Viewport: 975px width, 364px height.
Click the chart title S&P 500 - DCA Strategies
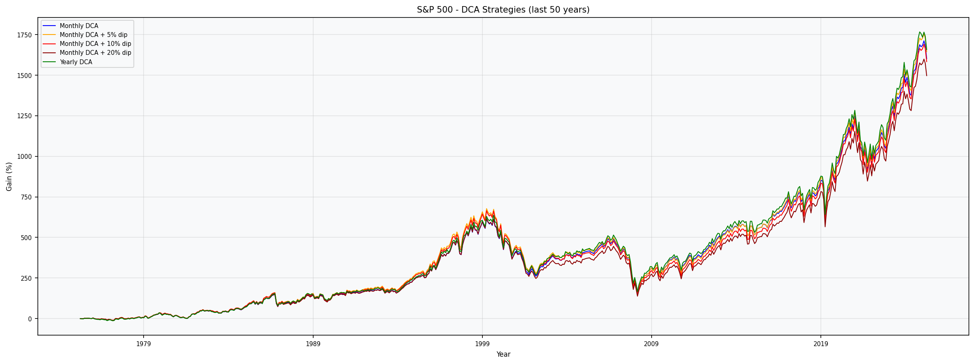(503, 10)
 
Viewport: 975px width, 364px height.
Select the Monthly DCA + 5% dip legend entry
(93, 35)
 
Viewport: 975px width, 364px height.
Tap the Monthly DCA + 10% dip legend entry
(95, 44)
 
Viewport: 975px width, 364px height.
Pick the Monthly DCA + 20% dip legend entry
(95, 53)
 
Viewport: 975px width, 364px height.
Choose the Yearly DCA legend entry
(76, 62)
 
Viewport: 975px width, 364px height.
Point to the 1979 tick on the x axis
(143, 344)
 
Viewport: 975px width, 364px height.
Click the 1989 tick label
(313, 344)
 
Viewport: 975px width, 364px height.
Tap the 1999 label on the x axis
(482, 344)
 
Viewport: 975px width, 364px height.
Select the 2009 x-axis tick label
(651, 344)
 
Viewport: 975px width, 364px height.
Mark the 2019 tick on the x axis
(820, 344)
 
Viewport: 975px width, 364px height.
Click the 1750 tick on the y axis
(24, 35)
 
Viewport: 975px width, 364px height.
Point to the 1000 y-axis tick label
(24, 156)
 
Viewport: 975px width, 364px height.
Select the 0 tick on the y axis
(30, 319)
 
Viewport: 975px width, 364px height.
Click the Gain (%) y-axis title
(9, 176)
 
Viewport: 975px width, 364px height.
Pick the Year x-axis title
(503, 354)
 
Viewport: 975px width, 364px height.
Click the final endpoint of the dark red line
(927, 76)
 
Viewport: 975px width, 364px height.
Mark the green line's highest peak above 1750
(920, 32)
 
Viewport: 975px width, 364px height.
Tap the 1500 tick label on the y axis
(24, 76)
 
